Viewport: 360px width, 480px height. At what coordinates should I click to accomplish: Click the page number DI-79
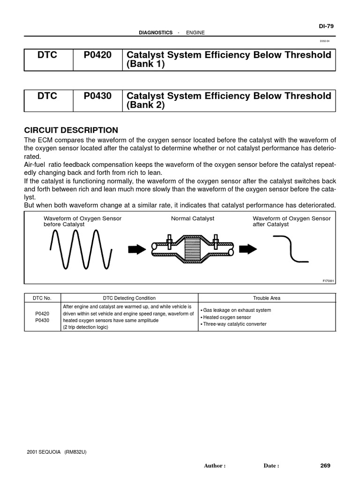(326, 26)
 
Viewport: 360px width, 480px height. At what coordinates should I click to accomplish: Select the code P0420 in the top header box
(97, 55)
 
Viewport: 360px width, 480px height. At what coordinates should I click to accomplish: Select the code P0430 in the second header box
(97, 96)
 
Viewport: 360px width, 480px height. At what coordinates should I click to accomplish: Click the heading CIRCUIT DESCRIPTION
(71, 130)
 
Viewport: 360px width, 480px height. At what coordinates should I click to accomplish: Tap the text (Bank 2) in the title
(146, 105)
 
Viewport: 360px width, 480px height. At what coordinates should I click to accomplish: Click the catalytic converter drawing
(193, 249)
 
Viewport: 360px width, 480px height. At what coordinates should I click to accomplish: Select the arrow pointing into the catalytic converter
(137, 249)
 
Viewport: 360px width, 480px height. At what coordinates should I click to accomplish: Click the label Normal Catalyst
(193, 219)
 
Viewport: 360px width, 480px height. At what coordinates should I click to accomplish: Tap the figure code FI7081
(328, 281)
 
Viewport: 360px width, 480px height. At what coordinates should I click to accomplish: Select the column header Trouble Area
(267, 298)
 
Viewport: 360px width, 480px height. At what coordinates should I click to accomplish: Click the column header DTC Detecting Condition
(129, 298)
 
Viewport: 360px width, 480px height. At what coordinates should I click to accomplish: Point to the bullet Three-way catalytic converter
(234, 324)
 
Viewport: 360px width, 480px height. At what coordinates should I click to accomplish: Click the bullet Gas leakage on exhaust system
(236, 310)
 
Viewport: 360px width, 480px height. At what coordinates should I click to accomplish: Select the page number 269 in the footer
(325, 465)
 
